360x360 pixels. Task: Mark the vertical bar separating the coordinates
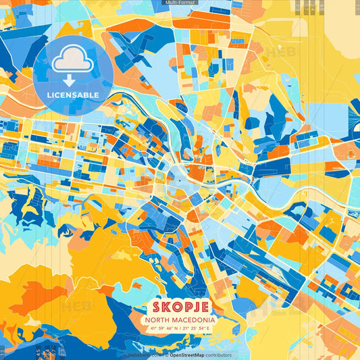click(x=179, y=328)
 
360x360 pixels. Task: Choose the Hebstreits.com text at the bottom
click(x=143, y=355)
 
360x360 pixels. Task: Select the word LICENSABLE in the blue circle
click(x=72, y=95)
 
